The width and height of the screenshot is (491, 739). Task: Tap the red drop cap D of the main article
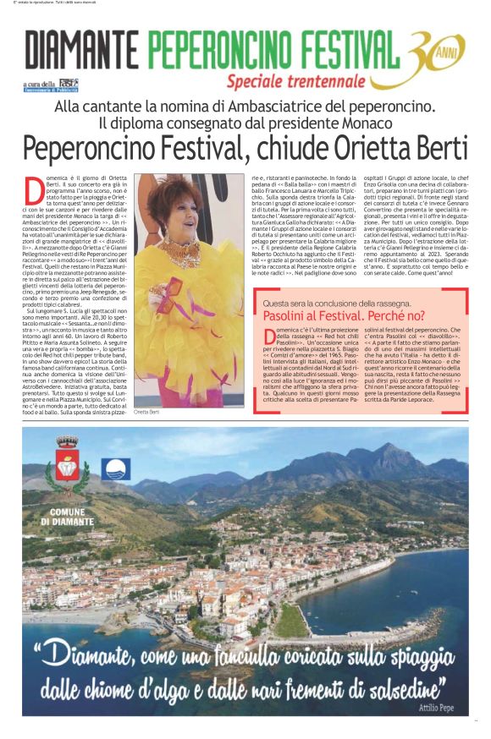tap(33, 187)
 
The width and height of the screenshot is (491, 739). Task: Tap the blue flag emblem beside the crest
tap(116, 470)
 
